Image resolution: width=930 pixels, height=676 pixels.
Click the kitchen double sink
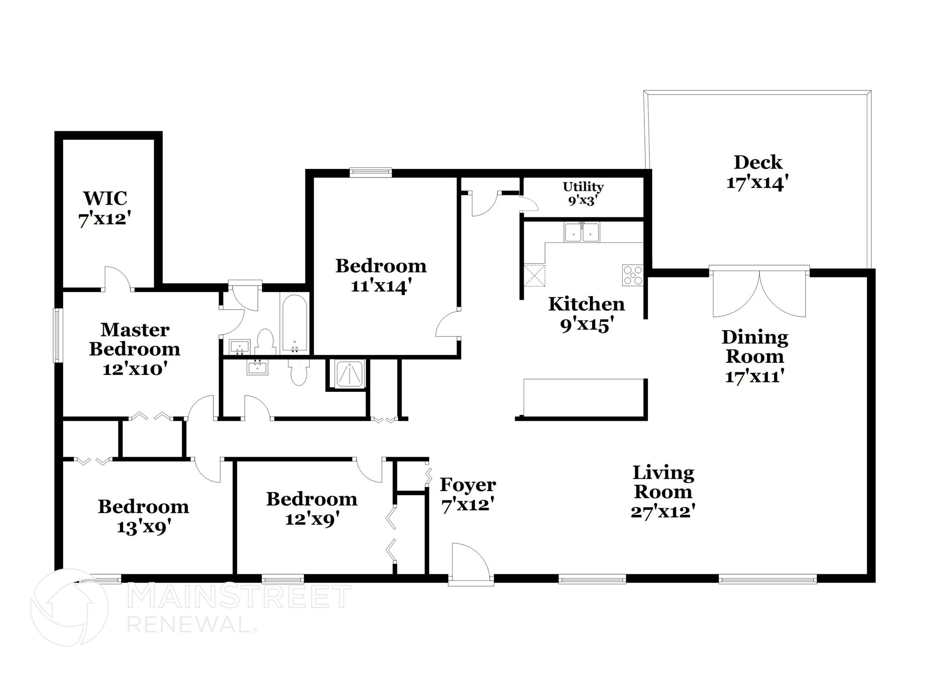(x=582, y=232)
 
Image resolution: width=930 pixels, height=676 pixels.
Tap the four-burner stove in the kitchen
(x=633, y=275)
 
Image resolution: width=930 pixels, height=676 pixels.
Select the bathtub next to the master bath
(x=294, y=323)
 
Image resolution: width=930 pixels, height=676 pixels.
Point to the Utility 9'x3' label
(x=583, y=193)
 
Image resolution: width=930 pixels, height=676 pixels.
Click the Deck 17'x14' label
(x=757, y=173)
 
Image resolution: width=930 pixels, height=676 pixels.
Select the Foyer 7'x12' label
(x=468, y=494)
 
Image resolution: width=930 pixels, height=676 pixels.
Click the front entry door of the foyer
(x=470, y=562)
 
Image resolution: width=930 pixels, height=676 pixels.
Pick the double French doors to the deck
(x=759, y=293)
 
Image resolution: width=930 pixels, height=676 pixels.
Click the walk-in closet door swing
(x=118, y=279)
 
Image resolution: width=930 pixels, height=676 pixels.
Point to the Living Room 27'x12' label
(x=663, y=492)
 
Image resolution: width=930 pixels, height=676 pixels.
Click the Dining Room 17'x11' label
(x=754, y=356)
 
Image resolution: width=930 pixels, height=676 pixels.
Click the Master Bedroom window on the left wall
(x=58, y=335)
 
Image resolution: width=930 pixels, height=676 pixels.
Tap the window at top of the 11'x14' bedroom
(x=371, y=172)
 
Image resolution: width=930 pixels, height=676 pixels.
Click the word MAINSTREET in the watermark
(x=239, y=597)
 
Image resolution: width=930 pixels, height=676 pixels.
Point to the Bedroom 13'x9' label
(x=143, y=517)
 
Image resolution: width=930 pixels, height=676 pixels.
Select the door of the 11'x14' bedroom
(x=448, y=324)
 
